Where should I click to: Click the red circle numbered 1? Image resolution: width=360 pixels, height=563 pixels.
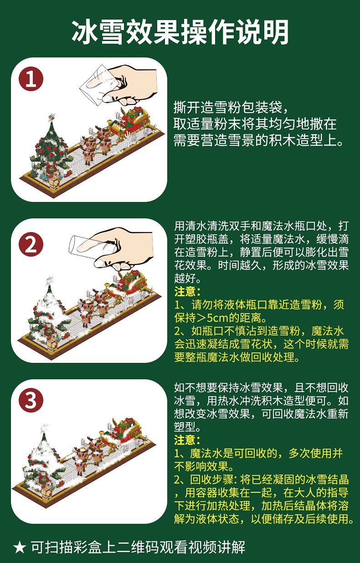[x=31, y=79]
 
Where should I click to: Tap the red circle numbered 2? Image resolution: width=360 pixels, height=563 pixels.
[x=31, y=244]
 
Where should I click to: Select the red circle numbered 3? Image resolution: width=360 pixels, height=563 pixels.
[x=31, y=400]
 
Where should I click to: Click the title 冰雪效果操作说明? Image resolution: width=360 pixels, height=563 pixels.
[x=180, y=33]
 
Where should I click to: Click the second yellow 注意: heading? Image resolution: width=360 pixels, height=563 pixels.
[x=187, y=440]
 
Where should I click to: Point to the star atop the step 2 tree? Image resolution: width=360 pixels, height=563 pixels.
[x=50, y=281]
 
